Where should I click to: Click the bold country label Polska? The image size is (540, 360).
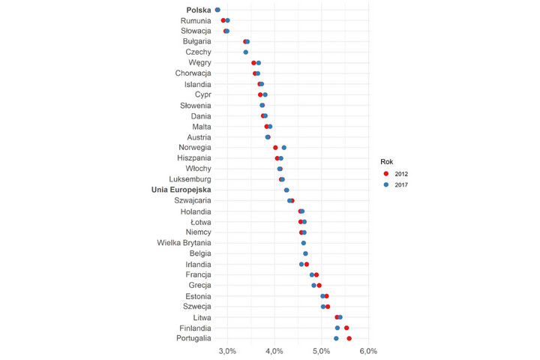(x=198, y=10)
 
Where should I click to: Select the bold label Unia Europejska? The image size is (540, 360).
(x=181, y=190)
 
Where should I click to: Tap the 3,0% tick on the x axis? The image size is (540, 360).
(x=227, y=351)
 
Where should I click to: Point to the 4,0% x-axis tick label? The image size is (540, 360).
(x=274, y=351)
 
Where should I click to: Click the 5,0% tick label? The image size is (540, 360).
(x=321, y=351)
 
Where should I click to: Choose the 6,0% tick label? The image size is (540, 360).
(x=367, y=351)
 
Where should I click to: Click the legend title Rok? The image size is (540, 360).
(x=388, y=159)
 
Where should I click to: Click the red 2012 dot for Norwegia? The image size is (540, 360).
(x=275, y=148)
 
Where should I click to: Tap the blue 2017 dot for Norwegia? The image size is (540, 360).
(x=284, y=148)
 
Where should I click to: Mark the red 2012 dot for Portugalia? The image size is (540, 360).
(x=349, y=339)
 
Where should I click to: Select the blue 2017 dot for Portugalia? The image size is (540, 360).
(x=336, y=339)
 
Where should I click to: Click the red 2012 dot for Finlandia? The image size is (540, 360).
(x=346, y=328)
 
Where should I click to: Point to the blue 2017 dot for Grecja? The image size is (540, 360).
(x=314, y=286)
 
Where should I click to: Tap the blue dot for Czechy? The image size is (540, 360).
(x=245, y=52)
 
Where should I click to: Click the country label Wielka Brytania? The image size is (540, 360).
(x=184, y=243)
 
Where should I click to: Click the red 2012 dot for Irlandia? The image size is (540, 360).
(x=307, y=264)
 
